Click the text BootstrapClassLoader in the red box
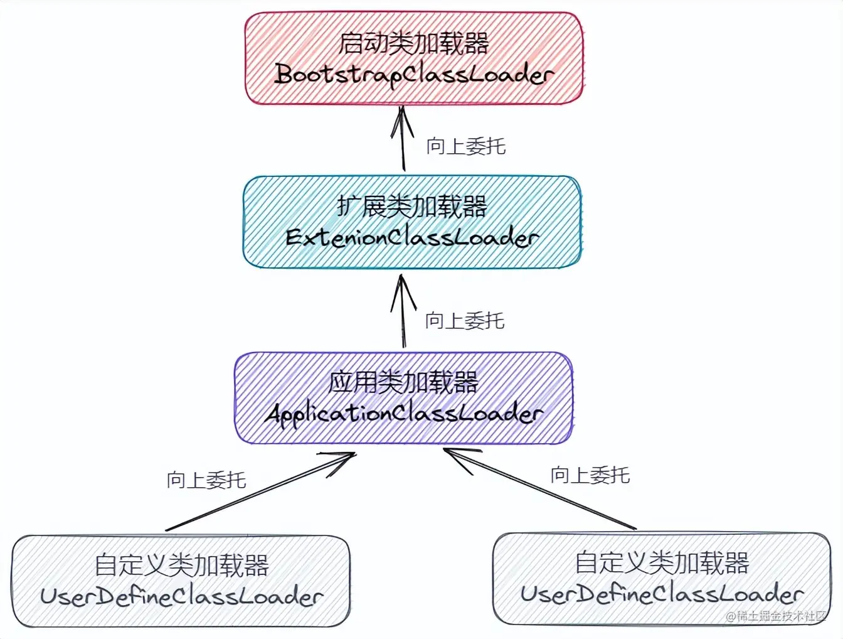click(414, 75)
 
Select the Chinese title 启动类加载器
click(414, 43)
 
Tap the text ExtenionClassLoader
click(412, 238)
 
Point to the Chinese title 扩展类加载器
click(412, 207)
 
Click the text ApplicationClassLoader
click(404, 414)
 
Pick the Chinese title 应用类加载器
click(404, 382)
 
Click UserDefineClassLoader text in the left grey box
click(181, 596)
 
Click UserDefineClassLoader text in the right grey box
click(662, 594)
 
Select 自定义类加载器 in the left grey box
click(181, 565)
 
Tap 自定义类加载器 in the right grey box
click(662, 562)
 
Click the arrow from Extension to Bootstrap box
click(403, 141)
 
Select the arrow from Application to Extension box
click(403, 314)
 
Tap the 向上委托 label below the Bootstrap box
click(466, 146)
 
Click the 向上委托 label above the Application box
click(465, 321)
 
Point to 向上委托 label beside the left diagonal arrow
click(206, 480)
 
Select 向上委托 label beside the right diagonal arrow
click(590, 475)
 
